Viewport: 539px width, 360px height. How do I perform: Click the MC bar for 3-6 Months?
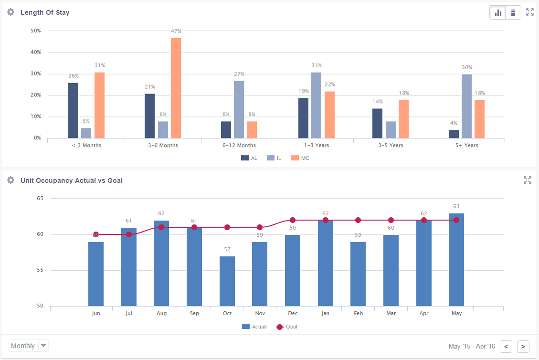tap(176, 88)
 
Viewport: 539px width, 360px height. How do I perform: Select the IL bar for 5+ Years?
tap(466, 106)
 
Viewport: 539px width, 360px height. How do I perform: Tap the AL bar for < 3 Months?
tap(73, 110)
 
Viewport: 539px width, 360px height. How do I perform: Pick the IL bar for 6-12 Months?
tap(239, 109)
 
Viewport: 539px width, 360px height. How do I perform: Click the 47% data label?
tap(176, 31)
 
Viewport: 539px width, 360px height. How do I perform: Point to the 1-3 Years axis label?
tap(316, 145)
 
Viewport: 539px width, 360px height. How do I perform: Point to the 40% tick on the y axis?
tap(36, 52)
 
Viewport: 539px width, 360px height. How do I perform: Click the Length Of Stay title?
tap(45, 12)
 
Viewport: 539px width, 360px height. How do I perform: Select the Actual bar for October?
tap(227, 281)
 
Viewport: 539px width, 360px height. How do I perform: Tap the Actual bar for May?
tap(456, 260)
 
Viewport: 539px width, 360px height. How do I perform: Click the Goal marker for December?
tap(293, 220)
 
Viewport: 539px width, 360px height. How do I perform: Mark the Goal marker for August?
tap(161, 227)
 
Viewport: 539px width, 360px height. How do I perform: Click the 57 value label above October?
tap(227, 249)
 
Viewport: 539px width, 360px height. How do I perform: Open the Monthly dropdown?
tap(29, 346)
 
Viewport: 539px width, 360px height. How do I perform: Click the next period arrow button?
tap(523, 346)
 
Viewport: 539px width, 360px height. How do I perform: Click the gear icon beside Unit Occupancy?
tap(11, 180)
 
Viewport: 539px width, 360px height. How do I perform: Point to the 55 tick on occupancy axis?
tap(40, 270)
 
